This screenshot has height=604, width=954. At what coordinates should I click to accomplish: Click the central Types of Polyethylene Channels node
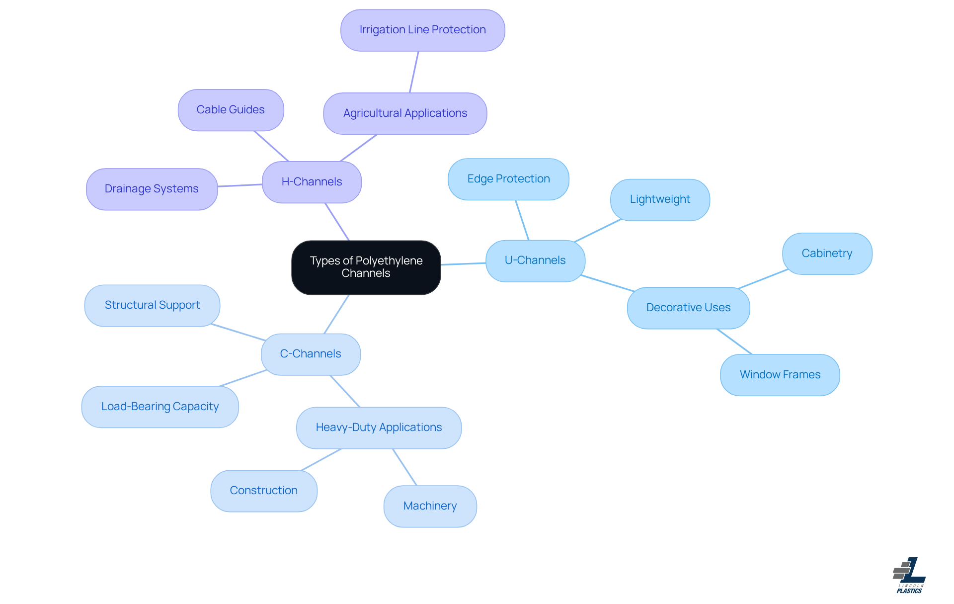(x=366, y=267)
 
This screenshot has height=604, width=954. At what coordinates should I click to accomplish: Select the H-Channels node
(x=312, y=182)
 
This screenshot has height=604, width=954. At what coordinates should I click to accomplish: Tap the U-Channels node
(x=535, y=261)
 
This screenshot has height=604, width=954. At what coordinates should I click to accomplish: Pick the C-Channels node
(x=311, y=354)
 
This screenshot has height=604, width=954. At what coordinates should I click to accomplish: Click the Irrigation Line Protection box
(x=423, y=30)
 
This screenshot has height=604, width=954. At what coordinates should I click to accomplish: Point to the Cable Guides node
(x=231, y=110)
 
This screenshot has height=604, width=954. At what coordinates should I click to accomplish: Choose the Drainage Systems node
(x=152, y=189)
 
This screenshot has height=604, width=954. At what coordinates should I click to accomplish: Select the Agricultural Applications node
(x=405, y=113)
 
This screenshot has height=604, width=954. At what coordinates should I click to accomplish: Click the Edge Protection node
(x=508, y=179)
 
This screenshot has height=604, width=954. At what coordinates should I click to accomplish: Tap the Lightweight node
(x=660, y=200)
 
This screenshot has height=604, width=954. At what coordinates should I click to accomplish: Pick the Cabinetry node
(x=827, y=254)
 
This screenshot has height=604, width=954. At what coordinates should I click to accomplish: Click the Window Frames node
(x=780, y=375)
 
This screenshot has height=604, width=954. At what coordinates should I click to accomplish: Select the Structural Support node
(x=152, y=305)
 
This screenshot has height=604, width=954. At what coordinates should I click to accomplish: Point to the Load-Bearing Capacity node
(x=160, y=407)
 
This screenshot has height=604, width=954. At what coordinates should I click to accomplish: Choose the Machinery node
(x=430, y=506)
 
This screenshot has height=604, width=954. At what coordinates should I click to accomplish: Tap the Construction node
(x=264, y=491)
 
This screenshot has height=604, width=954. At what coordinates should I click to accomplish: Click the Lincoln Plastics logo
(x=909, y=575)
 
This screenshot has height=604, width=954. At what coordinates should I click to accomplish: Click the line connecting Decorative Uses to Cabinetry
(x=763, y=279)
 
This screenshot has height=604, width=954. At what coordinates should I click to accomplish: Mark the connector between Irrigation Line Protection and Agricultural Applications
(x=414, y=72)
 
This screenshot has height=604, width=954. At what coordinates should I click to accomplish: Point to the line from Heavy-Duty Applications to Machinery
(x=404, y=467)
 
